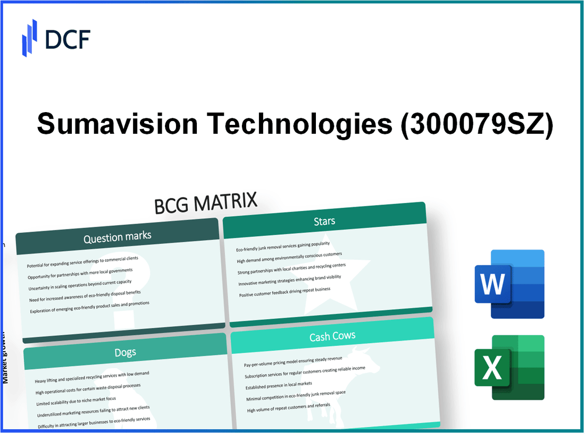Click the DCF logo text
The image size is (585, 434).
click(x=68, y=39)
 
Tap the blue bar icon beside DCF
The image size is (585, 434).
click(x=30, y=38)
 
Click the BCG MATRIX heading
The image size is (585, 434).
click(x=206, y=203)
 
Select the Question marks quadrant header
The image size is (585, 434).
click(x=117, y=237)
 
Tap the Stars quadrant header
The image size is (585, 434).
click(x=324, y=220)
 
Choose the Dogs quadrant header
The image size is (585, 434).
click(x=124, y=352)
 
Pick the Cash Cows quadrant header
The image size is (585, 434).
click(x=332, y=336)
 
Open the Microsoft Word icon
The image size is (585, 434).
click(x=509, y=284)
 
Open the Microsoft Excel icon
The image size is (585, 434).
click(x=509, y=368)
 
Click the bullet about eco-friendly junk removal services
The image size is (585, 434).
click(x=283, y=246)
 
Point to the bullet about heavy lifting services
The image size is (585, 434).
click(x=92, y=377)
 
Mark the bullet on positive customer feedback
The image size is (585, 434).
click(x=285, y=292)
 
